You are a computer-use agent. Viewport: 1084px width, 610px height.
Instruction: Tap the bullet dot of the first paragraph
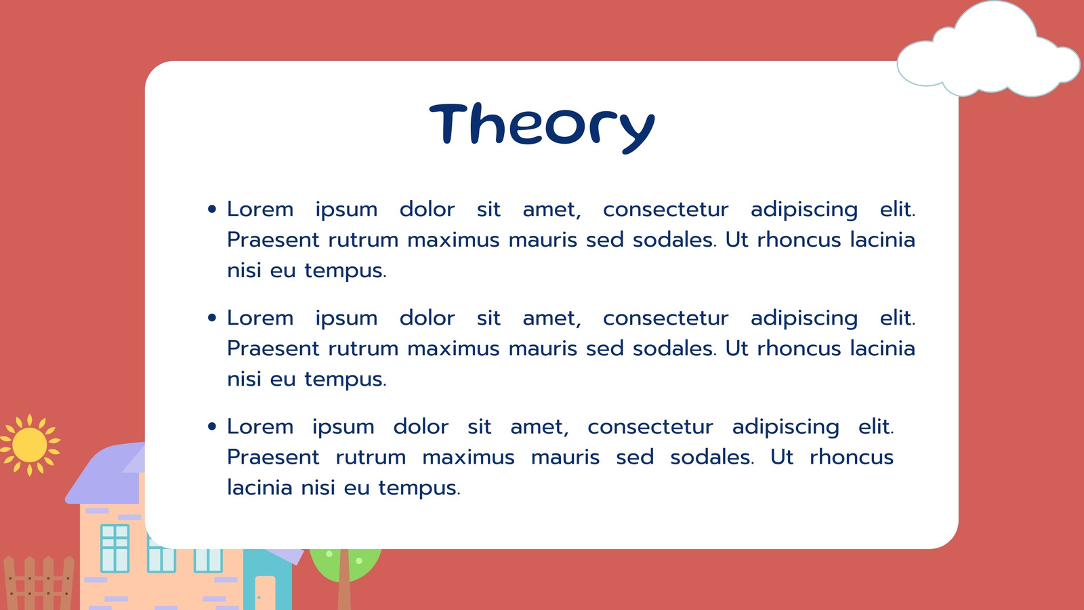(211, 209)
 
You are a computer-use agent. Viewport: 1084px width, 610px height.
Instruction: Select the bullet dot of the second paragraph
(211, 318)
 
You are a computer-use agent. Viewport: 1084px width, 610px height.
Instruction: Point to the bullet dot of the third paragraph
(211, 426)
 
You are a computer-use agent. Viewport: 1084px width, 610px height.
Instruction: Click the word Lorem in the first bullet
(260, 209)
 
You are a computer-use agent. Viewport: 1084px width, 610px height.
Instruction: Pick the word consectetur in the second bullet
(665, 319)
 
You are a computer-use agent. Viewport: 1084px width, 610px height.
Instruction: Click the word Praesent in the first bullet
(273, 240)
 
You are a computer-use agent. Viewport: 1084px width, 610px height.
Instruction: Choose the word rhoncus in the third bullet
(851, 457)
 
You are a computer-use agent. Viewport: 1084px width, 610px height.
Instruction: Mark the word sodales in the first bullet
(674, 240)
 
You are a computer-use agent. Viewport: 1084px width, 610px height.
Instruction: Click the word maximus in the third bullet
(468, 457)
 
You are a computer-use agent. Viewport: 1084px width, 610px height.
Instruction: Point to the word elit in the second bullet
(897, 318)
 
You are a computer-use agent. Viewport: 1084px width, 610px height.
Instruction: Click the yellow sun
(30, 445)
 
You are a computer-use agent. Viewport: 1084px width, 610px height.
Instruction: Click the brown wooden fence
(39, 583)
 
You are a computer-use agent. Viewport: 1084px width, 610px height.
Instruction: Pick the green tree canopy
(345, 564)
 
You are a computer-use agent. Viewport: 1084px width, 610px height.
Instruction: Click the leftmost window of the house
(114, 548)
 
